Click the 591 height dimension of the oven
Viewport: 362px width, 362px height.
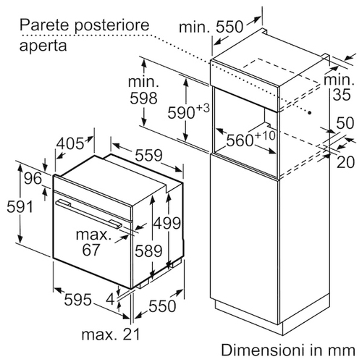(x=20, y=207)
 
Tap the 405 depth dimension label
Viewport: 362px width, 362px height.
(x=70, y=143)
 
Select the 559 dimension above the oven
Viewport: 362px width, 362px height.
(x=148, y=155)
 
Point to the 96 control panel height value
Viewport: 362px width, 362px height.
(x=33, y=179)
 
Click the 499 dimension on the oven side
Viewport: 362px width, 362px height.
(x=167, y=223)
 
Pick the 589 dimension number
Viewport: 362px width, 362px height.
(x=148, y=251)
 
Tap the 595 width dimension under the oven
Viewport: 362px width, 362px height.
(x=78, y=300)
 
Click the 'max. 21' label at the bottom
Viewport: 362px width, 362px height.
(x=111, y=334)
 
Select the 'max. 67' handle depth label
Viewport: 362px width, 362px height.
(x=93, y=242)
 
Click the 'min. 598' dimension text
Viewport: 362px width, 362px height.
(x=143, y=90)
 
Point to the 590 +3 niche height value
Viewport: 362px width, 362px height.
(x=188, y=111)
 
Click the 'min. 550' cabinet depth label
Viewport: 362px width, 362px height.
(x=211, y=27)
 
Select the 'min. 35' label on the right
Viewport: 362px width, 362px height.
(x=340, y=87)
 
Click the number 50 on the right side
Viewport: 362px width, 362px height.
(x=345, y=123)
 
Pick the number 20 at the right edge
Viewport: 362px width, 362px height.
(x=345, y=162)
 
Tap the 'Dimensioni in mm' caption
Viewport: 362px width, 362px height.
(x=288, y=350)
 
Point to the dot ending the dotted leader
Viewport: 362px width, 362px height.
(x=310, y=112)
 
